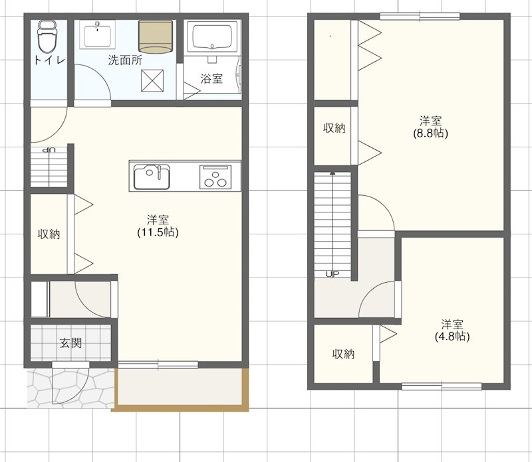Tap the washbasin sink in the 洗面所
point(97,35)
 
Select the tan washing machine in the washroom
point(156,37)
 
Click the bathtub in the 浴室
point(212,36)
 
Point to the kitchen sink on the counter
point(152,177)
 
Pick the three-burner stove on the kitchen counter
point(215,177)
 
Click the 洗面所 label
point(125,60)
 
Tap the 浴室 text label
point(211,78)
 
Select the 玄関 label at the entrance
point(71,343)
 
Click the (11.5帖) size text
point(158,232)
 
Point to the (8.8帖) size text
point(430,133)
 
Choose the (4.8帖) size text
point(452,337)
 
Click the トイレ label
point(49,60)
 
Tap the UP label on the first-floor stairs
point(49,150)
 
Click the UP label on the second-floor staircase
point(332,274)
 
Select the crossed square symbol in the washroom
point(152,80)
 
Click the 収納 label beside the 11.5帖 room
point(49,234)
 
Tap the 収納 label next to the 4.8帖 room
point(343,354)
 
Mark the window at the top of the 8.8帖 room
point(420,16)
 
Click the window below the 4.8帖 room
point(442,386)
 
